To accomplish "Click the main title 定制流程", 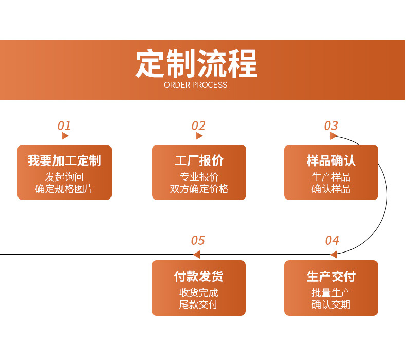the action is [x=196, y=63].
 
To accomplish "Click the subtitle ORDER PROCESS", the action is [x=195, y=85].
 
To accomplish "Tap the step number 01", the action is [x=64, y=125].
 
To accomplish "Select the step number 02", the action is [x=198, y=125].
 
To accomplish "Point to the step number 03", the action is [x=331, y=125].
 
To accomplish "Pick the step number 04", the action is [x=332, y=241].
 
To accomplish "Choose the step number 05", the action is [x=198, y=241].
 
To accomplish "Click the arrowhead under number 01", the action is [x=65, y=136].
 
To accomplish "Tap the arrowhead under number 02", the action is [x=199, y=136].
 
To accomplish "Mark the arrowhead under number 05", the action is [x=196, y=254].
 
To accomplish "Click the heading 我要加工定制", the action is [x=64, y=160].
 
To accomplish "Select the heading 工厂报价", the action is [x=199, y=160].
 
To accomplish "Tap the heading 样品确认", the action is [x=331, y=160].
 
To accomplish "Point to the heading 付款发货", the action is [x=198, y=276].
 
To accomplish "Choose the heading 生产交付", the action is [x=331, y=276].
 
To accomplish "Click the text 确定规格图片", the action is [x=64, y=189].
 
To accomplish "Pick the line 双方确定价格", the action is [x=199, y=189].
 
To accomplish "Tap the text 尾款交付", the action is [x=198, y=304].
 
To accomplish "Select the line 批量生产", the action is [x=331, y=293].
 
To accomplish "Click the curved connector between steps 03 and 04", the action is [x=387, y=195].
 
